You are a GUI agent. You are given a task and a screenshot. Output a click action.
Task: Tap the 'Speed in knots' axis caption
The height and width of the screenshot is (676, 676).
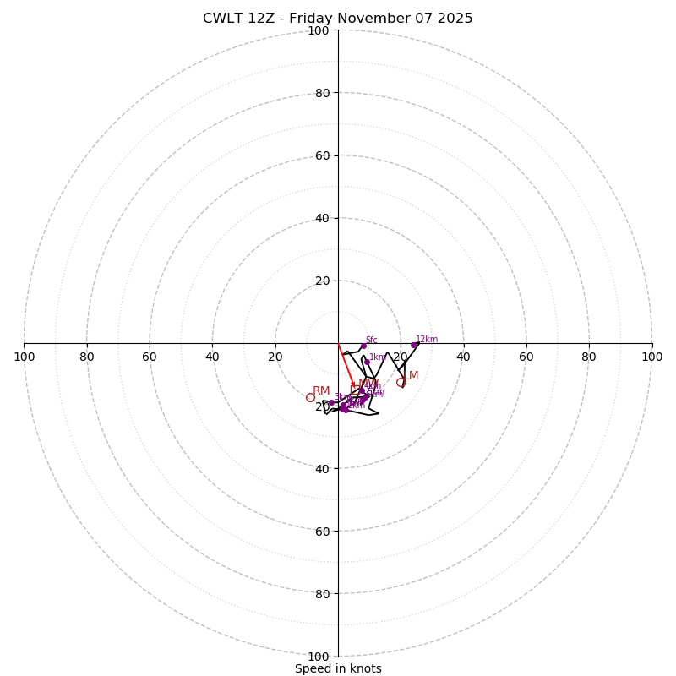tap(338, 668)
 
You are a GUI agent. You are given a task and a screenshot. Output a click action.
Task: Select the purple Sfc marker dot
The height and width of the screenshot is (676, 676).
tap(363, 346)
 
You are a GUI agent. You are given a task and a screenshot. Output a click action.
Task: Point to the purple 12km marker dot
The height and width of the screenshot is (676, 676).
tap(413, 345)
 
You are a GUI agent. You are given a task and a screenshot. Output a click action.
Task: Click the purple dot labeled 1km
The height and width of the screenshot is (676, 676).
tap(367, 362)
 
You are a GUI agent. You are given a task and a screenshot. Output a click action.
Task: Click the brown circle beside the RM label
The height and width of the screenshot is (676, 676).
tap(310, 397)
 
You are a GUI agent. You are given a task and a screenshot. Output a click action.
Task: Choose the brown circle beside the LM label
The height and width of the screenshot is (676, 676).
tap(401, 383)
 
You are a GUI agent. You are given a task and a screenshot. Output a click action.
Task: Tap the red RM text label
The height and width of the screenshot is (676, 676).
tap(321, 390)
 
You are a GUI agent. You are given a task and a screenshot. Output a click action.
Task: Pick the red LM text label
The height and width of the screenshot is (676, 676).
tap(410, 376)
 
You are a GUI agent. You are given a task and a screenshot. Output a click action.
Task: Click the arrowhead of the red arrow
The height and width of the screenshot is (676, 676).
tap(354, 386)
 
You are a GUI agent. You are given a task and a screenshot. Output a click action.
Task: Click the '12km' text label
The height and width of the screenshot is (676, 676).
tap(427, 340)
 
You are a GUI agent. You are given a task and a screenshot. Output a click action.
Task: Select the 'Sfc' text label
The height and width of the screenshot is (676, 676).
tap(372, 341)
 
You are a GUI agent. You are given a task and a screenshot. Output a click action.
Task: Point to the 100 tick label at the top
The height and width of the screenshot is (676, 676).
tap(319, 30)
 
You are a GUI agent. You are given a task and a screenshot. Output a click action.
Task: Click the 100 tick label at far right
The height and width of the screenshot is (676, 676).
tap(651, 357)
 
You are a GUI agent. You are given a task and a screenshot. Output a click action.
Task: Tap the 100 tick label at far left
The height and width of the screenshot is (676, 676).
tap(25, 357)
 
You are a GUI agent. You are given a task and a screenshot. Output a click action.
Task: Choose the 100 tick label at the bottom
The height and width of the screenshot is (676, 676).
tap(319, 656)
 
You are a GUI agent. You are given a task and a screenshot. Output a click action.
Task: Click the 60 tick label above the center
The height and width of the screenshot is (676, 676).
tap(322, 155)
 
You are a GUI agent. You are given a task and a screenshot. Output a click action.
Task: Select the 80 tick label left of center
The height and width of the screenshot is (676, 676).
tap(87, 357)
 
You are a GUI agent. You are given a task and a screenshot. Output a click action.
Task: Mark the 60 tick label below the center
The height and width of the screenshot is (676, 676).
tap(322, 531)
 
